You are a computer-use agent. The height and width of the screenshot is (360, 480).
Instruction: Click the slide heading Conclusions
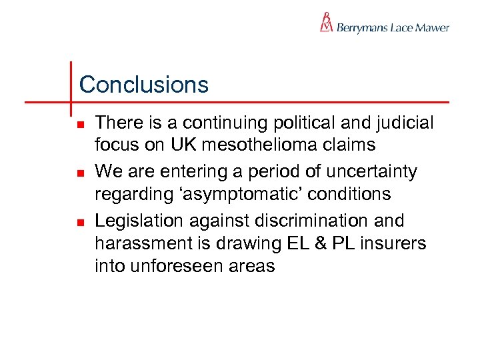tap(144, 85)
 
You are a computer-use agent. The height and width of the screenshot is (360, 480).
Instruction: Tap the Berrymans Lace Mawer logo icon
tap(327, 23)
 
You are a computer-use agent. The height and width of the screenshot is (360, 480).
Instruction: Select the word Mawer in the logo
tap(432, 28)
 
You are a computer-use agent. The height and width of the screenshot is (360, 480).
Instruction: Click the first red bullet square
tap(80, 125)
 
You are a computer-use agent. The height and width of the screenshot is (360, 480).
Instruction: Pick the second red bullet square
tap(80, 173)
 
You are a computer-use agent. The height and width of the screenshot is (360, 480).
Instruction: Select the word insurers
tap(398, 243)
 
